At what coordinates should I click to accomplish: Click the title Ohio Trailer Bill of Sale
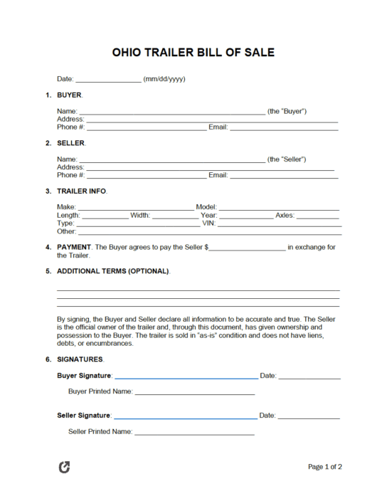click(x=193, y=53)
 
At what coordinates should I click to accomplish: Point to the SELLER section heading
click(x=70, y=143)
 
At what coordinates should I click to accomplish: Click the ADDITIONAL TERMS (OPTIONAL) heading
click(x=113, y=271)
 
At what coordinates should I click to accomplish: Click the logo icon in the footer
click(x=64, y=468)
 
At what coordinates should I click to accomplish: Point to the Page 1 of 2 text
click(x=324, y=468)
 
